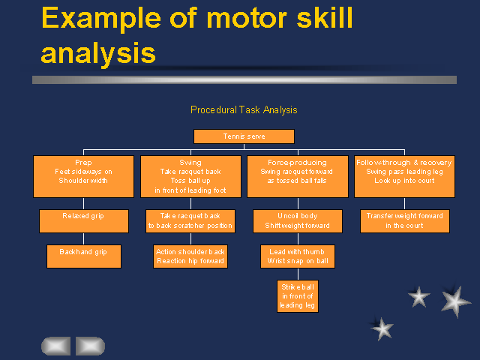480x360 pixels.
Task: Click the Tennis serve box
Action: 244,136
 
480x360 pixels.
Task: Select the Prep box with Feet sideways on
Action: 83,176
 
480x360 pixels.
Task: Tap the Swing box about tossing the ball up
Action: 190,176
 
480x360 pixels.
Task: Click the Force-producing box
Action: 297,176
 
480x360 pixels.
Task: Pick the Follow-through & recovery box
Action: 404,176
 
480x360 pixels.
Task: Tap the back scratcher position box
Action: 190,220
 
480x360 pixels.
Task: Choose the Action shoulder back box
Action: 190,256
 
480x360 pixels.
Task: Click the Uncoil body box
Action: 297,220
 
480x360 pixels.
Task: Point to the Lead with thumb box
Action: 297,256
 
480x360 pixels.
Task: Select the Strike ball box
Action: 298,295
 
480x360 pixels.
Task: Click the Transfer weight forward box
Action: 404,220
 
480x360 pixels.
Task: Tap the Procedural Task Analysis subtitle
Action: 244,109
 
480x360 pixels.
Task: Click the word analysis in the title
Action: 98,52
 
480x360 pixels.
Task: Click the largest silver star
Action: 454,301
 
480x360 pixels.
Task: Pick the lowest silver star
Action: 382,328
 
